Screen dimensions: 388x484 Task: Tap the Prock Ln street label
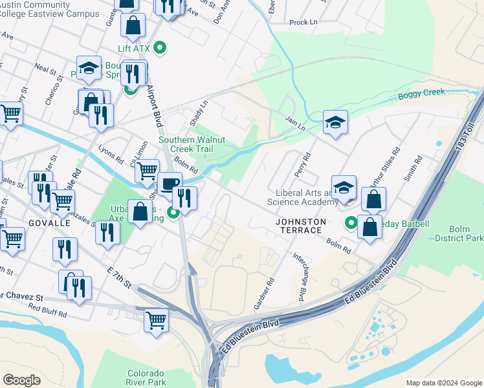(x=303, y=22)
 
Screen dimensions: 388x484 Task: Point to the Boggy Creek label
(x=421, y=92)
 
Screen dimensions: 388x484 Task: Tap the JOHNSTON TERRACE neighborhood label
(x=301, y=226)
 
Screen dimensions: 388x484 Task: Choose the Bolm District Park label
(x=459, y=233)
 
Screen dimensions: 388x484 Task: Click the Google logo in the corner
(x=21, y=380)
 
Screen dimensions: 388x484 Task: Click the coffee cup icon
(x=170, y=184)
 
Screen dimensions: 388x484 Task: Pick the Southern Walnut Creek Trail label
(x=192, y=144)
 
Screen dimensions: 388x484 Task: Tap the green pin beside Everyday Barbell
(x=351, y=223)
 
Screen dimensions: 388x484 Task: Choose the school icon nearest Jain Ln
(x=335, y=122)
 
